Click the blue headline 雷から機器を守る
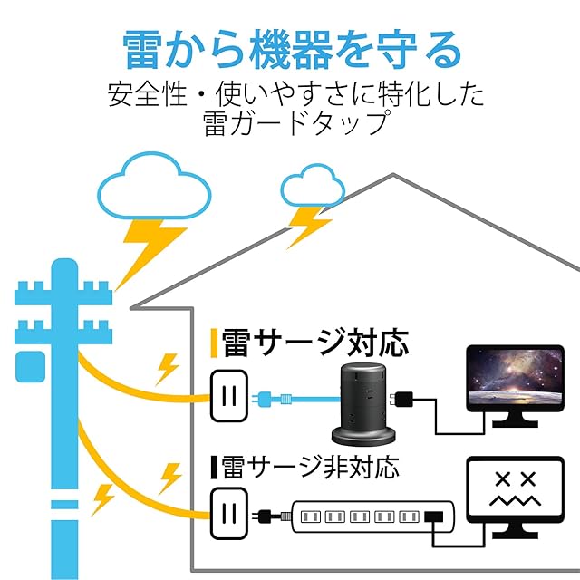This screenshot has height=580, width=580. [x=292, y=50]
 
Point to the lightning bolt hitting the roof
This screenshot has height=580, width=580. [x=308, y=227]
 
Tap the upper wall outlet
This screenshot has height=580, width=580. [x=229, y=396]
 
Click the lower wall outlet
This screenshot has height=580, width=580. [x=229, y=514]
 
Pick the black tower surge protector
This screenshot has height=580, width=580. [x=363, y=404]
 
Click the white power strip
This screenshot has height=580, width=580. [x=373, y=517]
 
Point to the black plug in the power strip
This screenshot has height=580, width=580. [x=434, y=517]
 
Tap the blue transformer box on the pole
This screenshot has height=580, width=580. [x=30, y=367]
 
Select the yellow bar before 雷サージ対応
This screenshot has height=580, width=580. [x=214, y=343]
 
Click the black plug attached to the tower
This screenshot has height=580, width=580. [x=401, y=400]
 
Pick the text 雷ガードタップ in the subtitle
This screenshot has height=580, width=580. [x=296, y=123]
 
